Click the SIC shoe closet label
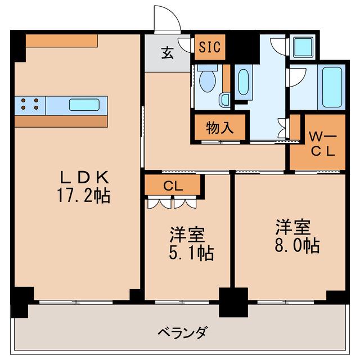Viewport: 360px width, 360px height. point(210,47)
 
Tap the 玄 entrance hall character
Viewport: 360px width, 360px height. point(168,53)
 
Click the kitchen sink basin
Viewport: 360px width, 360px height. point(84,105)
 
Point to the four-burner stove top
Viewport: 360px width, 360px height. point(30,104)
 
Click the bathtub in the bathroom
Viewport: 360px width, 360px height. point(332,87)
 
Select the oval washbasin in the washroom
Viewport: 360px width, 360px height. point(244,82)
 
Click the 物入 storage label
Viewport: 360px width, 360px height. point(220,128)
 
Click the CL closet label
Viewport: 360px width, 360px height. point(173,186)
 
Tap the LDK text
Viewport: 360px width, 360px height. point(84,178)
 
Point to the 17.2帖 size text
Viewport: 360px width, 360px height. point(84,195)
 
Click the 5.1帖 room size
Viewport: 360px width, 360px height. point(191,253)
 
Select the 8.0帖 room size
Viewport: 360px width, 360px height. point(297,246)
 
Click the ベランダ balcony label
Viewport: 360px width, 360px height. point(183,332)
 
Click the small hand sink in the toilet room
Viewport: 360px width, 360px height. point(225,100)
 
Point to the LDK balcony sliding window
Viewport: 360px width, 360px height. point(76,302)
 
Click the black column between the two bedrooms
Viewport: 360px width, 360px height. point(233,303)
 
